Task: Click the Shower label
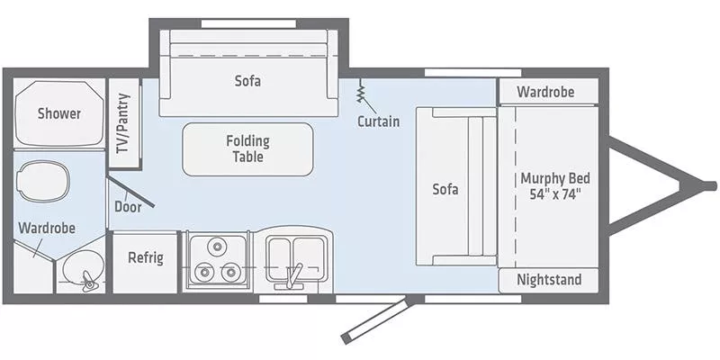tap(58, 114)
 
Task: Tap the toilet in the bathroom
tap(42, 181)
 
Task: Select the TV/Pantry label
tap(123, 124)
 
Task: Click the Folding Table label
tap(247, 148)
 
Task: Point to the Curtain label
tap(378, 121)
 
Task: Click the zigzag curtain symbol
tap(361, 91)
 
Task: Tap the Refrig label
tap(145, 258)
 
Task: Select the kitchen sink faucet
tap(292, 274)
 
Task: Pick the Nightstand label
tap(549, 280)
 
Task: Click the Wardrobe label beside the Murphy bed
tap(545, 92)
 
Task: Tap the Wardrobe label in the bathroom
tap(46, 229)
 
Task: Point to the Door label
tap(128, 206)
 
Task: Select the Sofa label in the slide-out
tap(247, 80)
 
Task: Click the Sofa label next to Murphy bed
tap(445, 189)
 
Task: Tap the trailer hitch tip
tap(710, 186)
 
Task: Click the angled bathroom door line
tap(131, 192)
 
